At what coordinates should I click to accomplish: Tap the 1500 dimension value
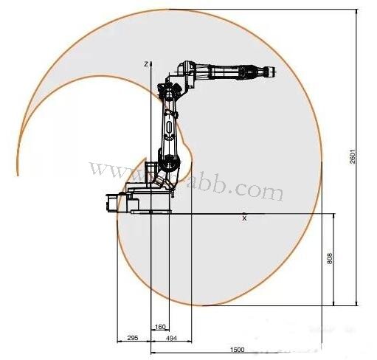pos(237,349)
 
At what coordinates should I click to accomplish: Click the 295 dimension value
pos(133,338)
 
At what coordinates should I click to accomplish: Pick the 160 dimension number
pos(160,327)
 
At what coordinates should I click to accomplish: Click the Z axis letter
pos(147,64)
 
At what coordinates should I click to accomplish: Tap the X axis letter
pos(244,218)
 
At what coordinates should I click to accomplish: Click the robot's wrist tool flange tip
pos(271,72)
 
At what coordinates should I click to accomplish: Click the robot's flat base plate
pos(151,210)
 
